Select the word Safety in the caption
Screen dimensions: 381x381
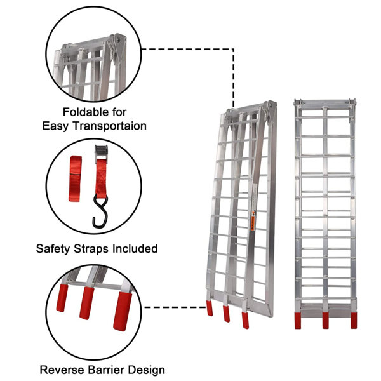(55, 248)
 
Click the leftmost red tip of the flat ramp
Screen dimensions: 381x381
(298, 319)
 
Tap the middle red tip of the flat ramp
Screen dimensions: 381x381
(326, 319)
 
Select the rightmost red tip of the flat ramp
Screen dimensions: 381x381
(353, 319)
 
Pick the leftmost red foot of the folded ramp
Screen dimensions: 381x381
(210, 309)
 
